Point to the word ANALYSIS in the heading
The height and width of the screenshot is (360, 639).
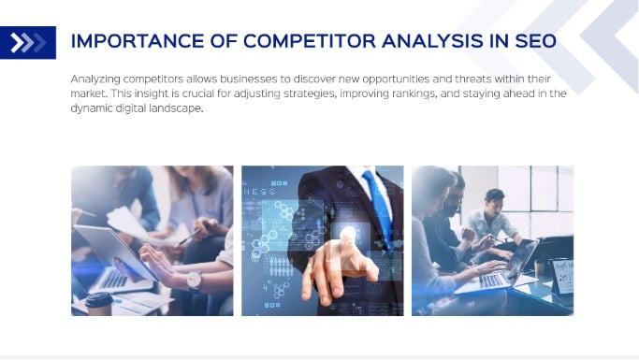437,42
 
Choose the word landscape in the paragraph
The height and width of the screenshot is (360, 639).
175,108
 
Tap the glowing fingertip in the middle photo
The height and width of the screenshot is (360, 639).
348,234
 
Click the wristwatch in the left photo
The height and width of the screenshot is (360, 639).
195,279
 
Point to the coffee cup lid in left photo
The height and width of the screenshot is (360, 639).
98,299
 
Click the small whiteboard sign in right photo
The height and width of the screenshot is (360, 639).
562,276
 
